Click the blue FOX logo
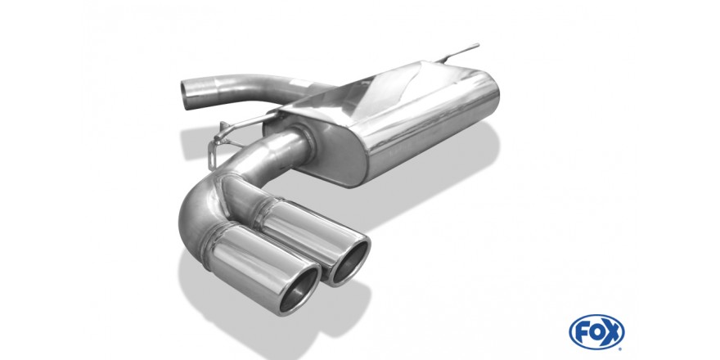[x=596, y=332]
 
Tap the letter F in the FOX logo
[x=583, y=332]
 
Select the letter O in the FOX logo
[x=596, y=332]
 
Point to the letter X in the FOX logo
[x=612, y=332]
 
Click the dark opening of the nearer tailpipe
[x=299, y=290]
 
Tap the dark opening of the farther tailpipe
[x=350, y=262]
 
